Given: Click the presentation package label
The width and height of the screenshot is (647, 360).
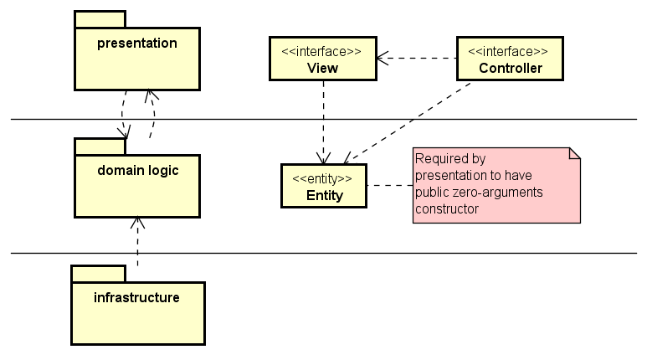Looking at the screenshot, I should pyautogui.click(x=137, y=44).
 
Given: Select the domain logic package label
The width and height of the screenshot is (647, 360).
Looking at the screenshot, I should pyautogui.click(x=137, y=171).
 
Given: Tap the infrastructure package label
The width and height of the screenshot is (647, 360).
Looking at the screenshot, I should pyautogui.click(x=137, y=297).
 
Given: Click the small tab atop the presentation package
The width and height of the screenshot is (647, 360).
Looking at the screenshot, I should pyautogui.click(x=100, y=19).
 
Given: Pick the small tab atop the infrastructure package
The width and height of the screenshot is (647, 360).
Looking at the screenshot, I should pyautogui.click(x=98, y=274).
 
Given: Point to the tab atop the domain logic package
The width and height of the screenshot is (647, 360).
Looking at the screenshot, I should pyautogui.click(x=100, y=147).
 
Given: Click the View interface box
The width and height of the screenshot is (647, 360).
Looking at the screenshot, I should pyautogui.click(x=322, y=59).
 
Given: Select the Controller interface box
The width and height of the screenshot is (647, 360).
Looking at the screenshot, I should pyautogui.click(x=510, y=59).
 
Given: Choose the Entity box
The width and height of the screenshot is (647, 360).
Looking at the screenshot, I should pyautogui.click(x=323, y=186).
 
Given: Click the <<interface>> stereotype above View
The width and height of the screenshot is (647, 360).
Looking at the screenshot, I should pyautogui.click(x=322, y=51).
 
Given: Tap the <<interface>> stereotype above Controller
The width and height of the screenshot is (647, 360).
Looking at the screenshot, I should pyautogui.click(x=510, y=51).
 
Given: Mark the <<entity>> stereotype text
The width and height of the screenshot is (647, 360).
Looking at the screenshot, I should pyautogui.click(x=323, y=178).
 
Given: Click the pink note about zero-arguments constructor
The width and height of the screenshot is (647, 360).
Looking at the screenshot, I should pyautogui.click(x=496, y=185).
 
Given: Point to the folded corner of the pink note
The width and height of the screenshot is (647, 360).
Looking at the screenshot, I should pyautogui.click(x=574, y=153).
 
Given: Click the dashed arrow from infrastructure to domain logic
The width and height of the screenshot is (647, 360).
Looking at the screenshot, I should pyautogui.click(x=137, y=243).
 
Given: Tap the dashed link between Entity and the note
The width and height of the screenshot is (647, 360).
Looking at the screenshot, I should pyautogui.click(x=389, y=186).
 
